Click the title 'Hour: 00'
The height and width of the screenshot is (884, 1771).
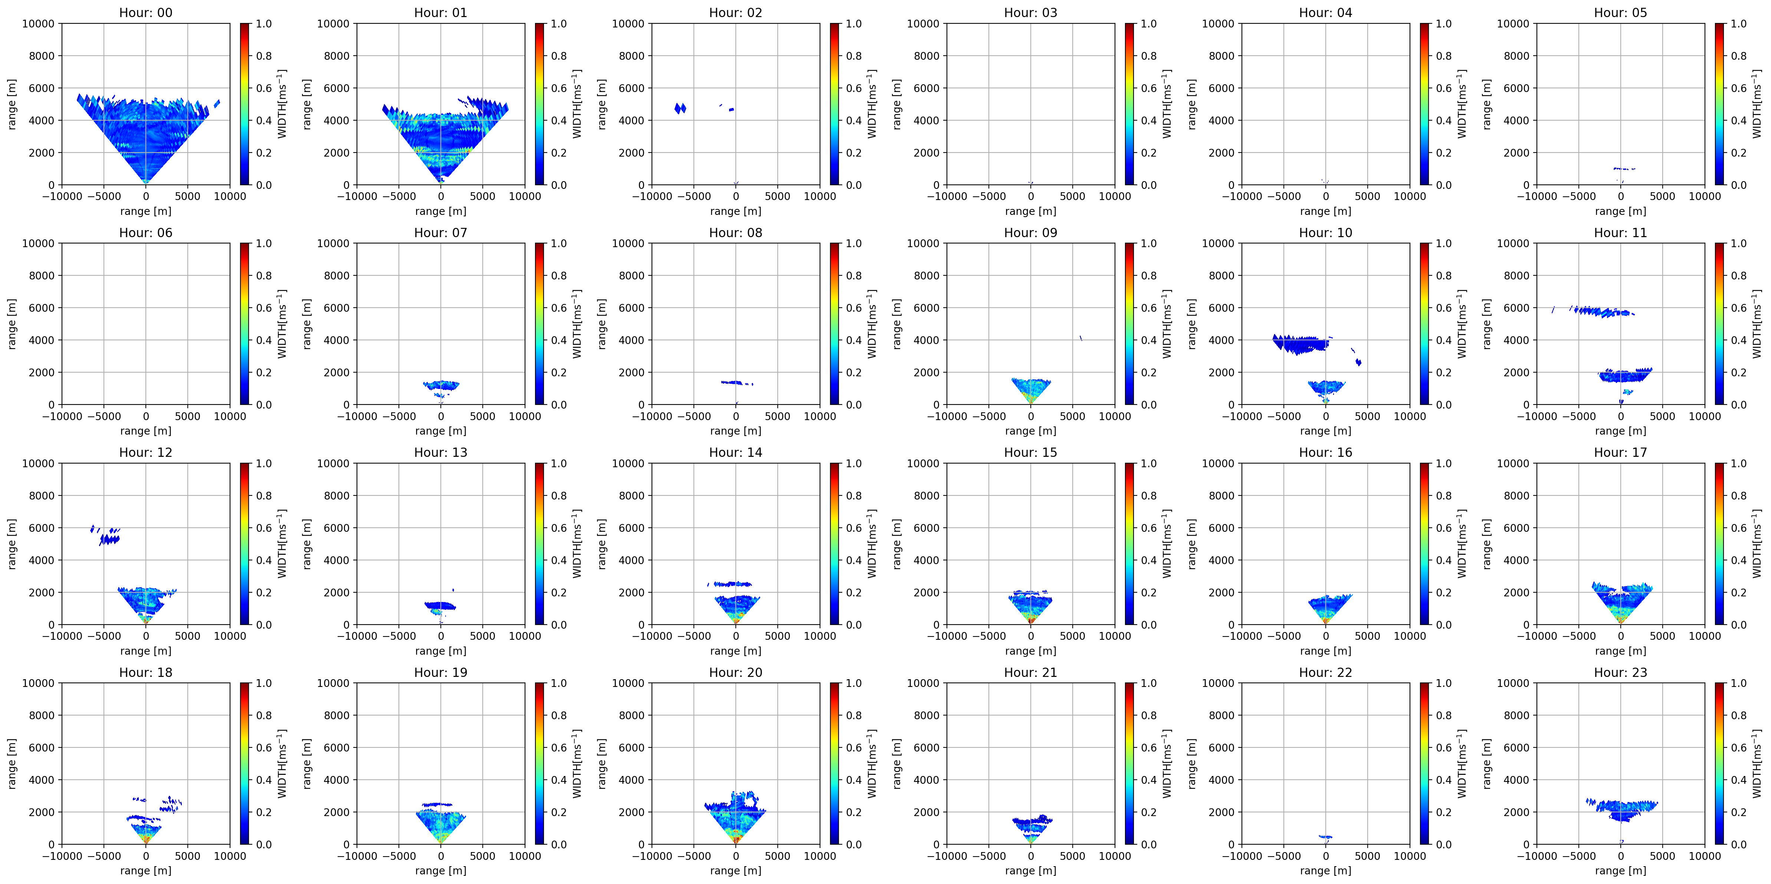(146, 12)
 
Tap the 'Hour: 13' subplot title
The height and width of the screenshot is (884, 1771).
(441, 452)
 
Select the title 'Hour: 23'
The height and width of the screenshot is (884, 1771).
(1620, 672)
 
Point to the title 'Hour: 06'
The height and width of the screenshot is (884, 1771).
(146, 232)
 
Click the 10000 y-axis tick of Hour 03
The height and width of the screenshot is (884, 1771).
(923, 23)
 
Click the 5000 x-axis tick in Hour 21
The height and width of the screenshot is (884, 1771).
(1072, 856)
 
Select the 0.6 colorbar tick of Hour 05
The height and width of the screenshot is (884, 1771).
(1738, 88)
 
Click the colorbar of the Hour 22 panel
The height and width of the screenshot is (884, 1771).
(1424, 764)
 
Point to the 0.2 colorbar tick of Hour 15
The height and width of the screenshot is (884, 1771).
(1148, 593)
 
